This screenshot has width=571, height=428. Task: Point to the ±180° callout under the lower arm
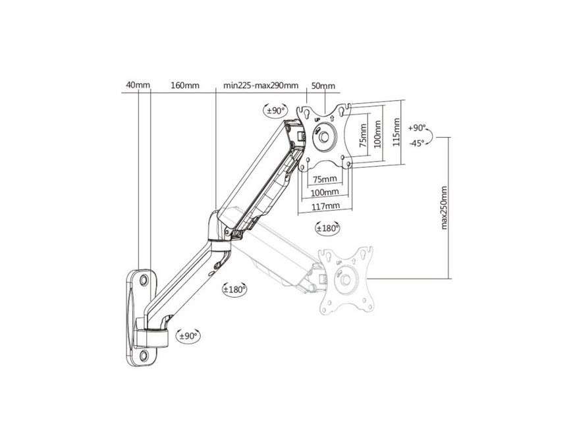pyautogui.click(x=234, y=289)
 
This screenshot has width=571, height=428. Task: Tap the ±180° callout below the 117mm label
pyautogui.click(x=327, y=228)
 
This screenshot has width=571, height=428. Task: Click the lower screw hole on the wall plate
pyautogui.click(x=144, y=356)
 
